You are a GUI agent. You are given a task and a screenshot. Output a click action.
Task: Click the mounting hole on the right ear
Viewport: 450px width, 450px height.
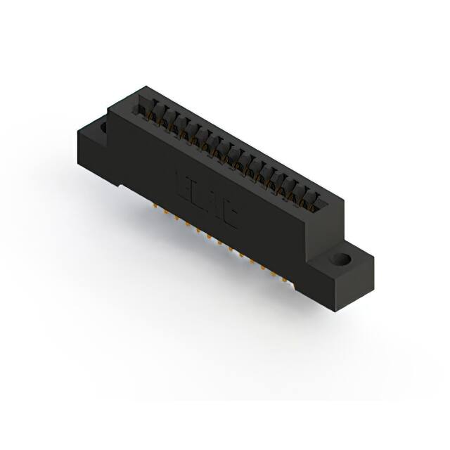click(343, 259)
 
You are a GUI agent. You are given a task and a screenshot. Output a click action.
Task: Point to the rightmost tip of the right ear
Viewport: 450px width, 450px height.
click(373, 262)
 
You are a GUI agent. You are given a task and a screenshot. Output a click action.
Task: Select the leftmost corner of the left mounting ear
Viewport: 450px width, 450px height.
click(75, 134)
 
